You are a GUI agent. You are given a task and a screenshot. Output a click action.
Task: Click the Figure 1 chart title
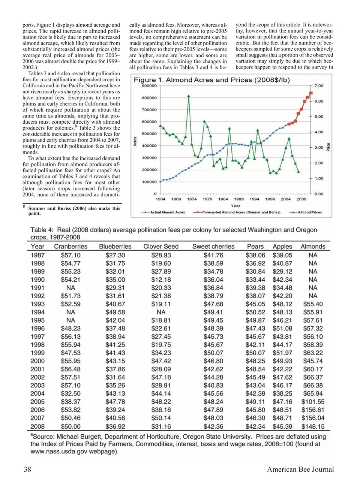[x=211, y=80]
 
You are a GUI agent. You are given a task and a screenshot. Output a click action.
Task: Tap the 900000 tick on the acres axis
[x=149, y=86]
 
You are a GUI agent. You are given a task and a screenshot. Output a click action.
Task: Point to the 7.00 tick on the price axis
[x=319, y=86]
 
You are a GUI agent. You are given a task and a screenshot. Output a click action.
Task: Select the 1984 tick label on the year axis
[x=223, y=199]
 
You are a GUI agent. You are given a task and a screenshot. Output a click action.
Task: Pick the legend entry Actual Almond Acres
[x=167, y=212]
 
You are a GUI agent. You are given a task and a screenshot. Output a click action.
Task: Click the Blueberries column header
[x=115, y=247]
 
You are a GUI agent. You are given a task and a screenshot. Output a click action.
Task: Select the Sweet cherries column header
[x=213, y=247]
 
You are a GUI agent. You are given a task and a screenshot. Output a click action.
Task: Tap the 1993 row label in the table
[x=37, y=304]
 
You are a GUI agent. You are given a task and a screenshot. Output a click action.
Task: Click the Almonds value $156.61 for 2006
[x=313, y=410]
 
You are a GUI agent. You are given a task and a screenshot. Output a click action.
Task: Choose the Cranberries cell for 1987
[x=70, y=255]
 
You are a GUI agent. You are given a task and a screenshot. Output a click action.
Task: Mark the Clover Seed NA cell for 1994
[x=161, y=312]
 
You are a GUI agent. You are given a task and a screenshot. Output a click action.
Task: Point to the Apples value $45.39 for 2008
[x=282, y=426]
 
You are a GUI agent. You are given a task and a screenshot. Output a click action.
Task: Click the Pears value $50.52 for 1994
[x=255, y=312]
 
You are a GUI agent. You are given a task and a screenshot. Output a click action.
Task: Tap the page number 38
[x=27, y=470]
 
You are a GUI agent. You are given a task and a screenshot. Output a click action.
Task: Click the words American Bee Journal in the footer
[x=300, y=470]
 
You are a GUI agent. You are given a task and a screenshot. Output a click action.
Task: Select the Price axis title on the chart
[x=328, y=147]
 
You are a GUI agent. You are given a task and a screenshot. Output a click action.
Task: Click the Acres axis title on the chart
[x=135, y=142]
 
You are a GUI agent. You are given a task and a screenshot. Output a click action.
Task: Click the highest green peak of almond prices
[x=189, y=96]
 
